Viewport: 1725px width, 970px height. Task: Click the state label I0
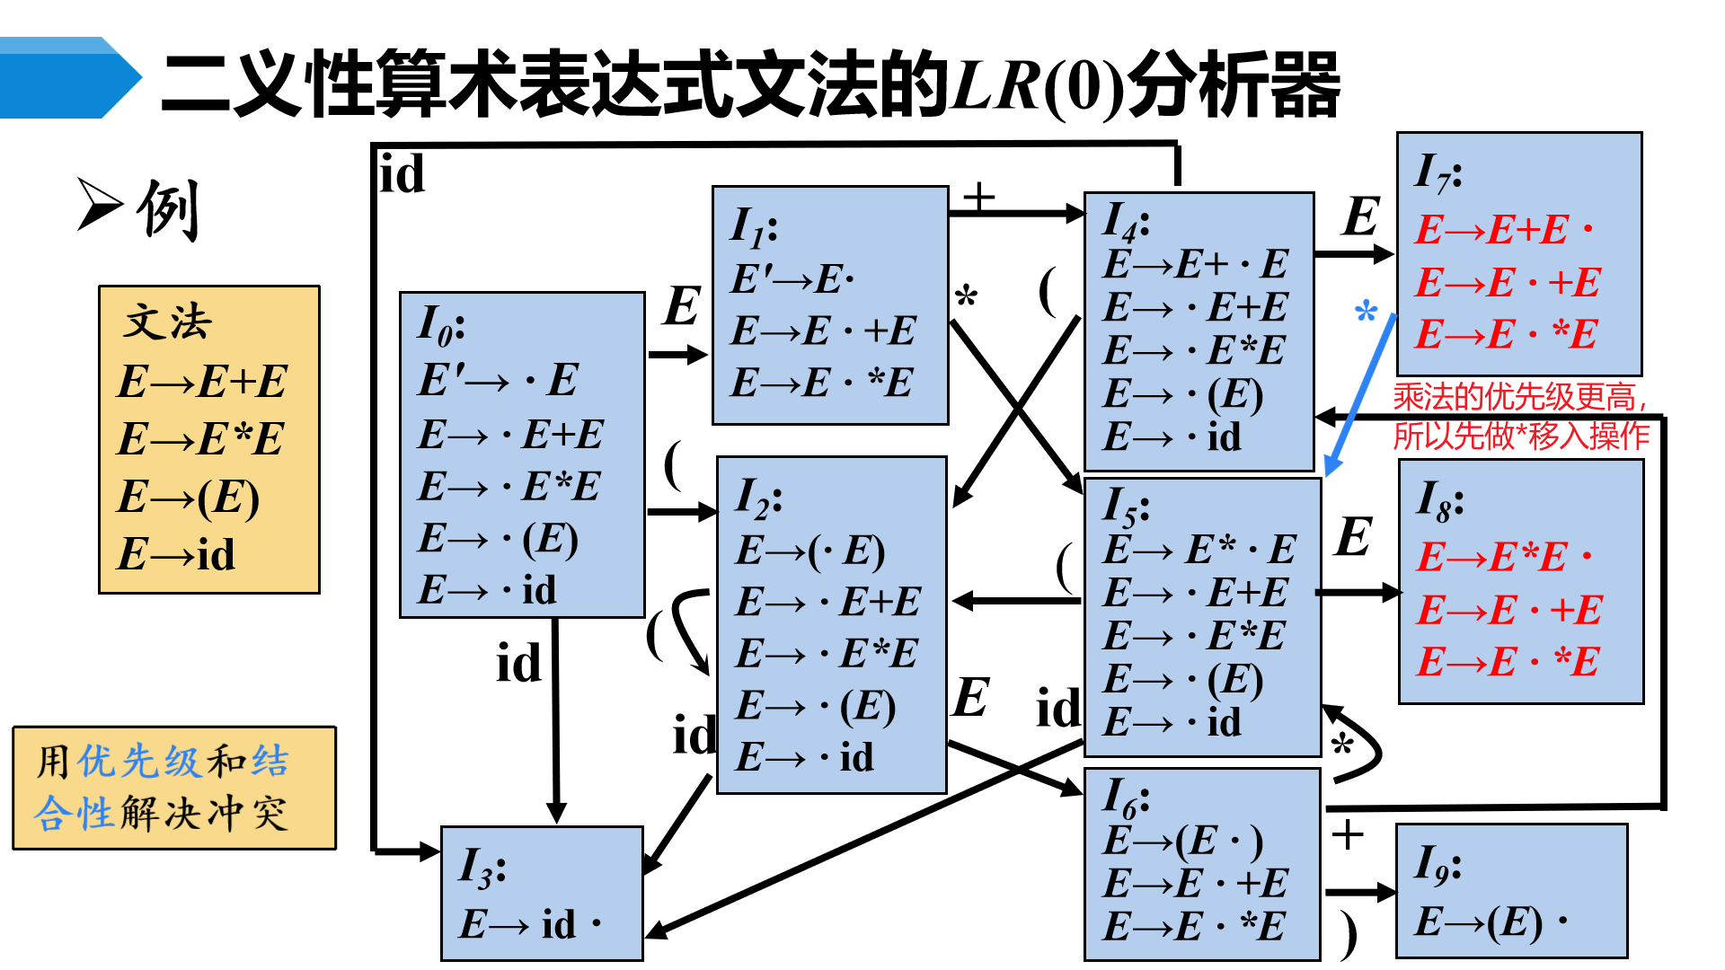coord(440,325)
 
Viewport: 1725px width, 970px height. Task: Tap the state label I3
coord(482,868)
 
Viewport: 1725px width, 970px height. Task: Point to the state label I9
coord(1437,864)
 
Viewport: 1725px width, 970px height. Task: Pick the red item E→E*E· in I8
coord(1504,558)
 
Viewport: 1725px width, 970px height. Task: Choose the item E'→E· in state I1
coord(792,279)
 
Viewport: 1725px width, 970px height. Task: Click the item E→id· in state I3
coord(530,924)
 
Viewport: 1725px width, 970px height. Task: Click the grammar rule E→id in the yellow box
coord(176,554)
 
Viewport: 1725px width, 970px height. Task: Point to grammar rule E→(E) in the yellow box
coord(188,497)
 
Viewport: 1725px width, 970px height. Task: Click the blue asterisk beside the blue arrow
coord(1366,313)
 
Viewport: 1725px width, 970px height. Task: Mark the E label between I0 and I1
coord(682,306)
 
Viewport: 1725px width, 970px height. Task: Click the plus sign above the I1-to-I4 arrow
coord(978,195)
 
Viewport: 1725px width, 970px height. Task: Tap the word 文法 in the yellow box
coord(168,322)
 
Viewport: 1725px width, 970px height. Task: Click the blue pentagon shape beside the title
coord(67,78)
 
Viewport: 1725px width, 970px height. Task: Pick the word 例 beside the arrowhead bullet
coord(168,209)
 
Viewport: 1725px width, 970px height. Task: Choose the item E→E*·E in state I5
coord(1199,550)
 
